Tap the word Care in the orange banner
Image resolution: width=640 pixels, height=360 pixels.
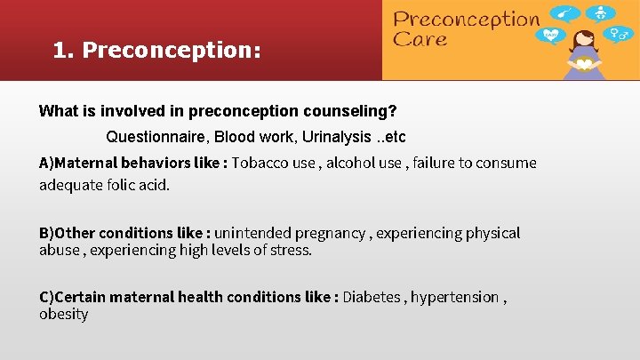click(x=420, y=39)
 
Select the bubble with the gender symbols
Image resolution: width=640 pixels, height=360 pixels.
click(x=616, y=35)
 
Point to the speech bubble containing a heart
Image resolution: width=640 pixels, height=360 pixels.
click(x=552, y=36)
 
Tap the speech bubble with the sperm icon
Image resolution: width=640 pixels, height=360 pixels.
click(x=566, y=12)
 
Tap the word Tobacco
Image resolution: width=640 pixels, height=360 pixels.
click(x=260, y=163)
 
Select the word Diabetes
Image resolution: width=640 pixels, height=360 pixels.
click(x=372, y=297)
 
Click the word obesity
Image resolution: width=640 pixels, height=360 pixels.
click(x=63, y=314)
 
